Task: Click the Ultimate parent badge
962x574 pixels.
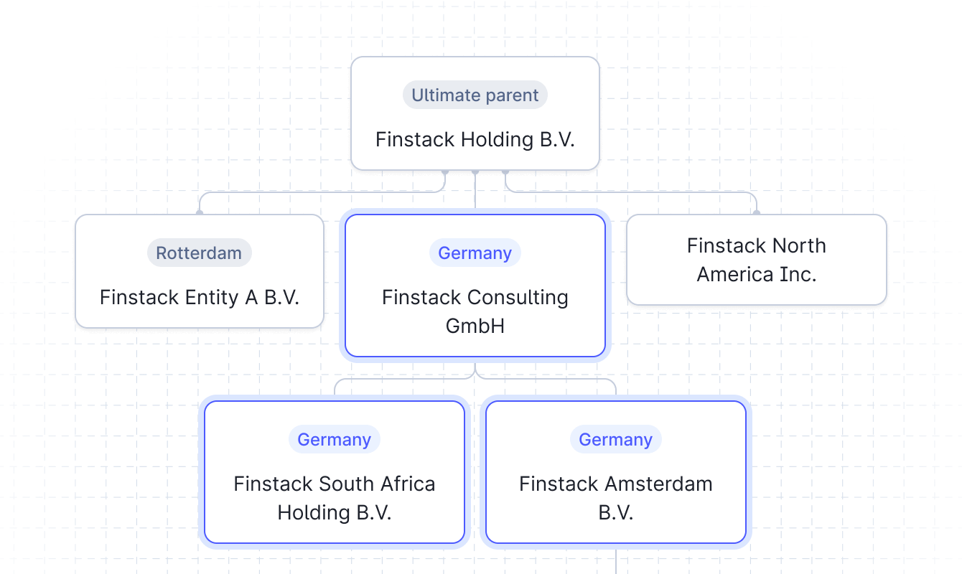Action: click(475, 95)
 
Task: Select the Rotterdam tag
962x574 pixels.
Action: click(199, 253)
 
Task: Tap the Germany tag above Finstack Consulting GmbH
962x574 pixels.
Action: click(475, 253)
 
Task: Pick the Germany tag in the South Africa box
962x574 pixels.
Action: click(334, 440)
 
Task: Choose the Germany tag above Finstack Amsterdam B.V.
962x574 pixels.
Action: click(615, 440)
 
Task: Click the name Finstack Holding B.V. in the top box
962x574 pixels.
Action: click(475, 139)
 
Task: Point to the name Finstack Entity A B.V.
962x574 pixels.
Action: click(199, 297)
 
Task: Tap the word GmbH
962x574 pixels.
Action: click(475, 326)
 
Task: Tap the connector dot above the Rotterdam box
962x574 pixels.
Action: click(200, 212)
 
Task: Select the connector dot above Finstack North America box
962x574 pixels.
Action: click(756, 212)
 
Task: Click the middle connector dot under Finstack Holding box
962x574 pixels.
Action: click(475, 172)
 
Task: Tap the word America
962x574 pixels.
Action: click(734, 274)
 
